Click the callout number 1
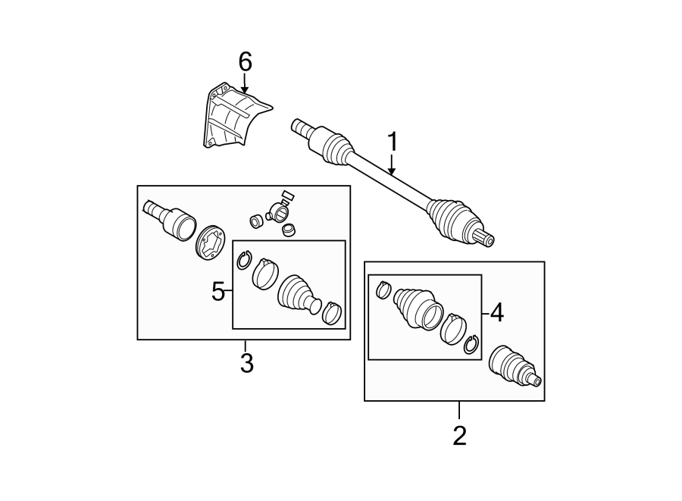coord(393,142)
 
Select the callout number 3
coord(246,363)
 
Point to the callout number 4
coord(496,312)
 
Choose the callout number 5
coord(218,291)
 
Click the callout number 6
coord(244,61)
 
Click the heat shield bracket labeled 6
coord(231,115)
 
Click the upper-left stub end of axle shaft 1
coord(300,126)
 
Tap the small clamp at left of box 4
coord(383,289)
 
